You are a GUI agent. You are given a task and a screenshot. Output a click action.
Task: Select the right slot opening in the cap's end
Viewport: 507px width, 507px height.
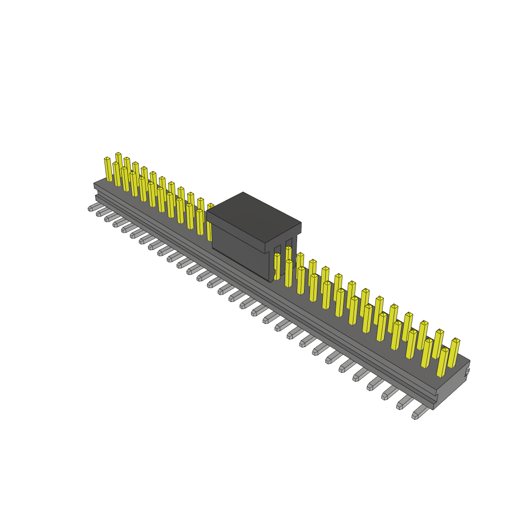pos(289,253)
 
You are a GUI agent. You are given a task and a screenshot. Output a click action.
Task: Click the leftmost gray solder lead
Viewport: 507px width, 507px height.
pos(93,207)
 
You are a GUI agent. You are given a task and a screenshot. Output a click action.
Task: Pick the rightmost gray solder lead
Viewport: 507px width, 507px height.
pos(419,412)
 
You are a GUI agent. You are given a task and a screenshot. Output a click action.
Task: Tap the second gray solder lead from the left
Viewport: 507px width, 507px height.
pos(101,212)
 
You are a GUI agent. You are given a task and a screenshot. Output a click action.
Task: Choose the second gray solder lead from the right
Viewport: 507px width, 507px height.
pos(403,403)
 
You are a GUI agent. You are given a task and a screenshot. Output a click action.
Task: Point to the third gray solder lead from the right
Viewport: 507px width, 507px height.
pos(388,393)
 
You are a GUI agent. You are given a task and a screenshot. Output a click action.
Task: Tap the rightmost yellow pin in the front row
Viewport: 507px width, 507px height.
pos(442,362)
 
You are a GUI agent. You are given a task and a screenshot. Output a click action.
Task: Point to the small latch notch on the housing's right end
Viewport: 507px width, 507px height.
pos(467,370)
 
